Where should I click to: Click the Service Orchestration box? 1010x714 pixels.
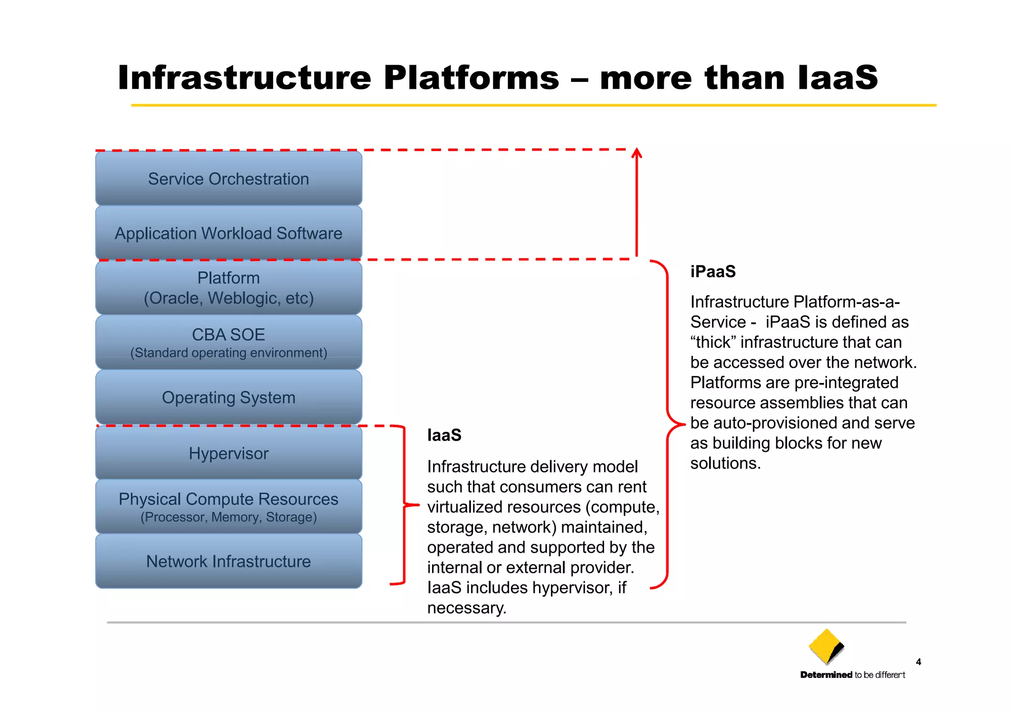pyautogui.click(x=228, y=179)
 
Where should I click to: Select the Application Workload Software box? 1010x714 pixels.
pyautogui.click(x=228, y=233)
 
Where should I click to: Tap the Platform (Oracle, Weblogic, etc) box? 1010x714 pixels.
pyautogui.click(x=228, y=288)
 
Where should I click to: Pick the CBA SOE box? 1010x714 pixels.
pyautogui.click(x=228, y=342)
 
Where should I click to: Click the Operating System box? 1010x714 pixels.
pyautogui.click(x=228, y=397)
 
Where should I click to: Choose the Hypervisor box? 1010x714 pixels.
pyautogui.click(x=228, y=453)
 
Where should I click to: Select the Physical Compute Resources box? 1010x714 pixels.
pyautogui.click(x=228, y=506)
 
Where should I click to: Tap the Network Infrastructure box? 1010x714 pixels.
pyautogui.click(x=228, y=561)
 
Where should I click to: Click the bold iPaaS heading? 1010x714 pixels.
pyautogui.click(x=713, y=271)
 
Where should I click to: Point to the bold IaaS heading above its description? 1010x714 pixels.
pyautogui.click(x=444, y=435)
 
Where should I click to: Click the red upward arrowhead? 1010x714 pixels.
pyautogui.click(x=637, y=152)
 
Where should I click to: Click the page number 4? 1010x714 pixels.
pyautogui.click(x=918, y=662)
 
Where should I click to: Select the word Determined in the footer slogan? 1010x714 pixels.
pyautogui.click(x=826, y=675)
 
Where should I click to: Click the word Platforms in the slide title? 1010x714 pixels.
pyautogui.click(x=471, y=77)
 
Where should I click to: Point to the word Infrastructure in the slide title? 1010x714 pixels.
pyautogui.click(x=244, y=77)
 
